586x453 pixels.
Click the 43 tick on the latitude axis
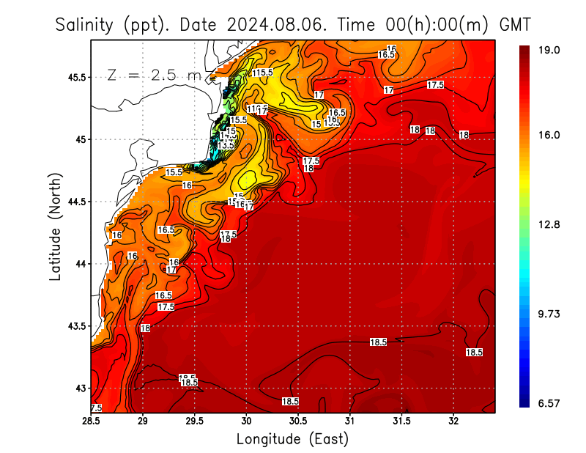(x=80, y=388)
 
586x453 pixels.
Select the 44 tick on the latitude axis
(x=80, y=264)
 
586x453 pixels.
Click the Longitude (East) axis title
(x=292, y=439)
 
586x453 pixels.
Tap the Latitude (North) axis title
(x=55, y=226)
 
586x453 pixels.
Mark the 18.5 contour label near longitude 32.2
(x=474, y=353)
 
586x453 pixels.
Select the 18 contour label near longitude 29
(x=145, y=328)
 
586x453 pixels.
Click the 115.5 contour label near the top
(x=262, y=73)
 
